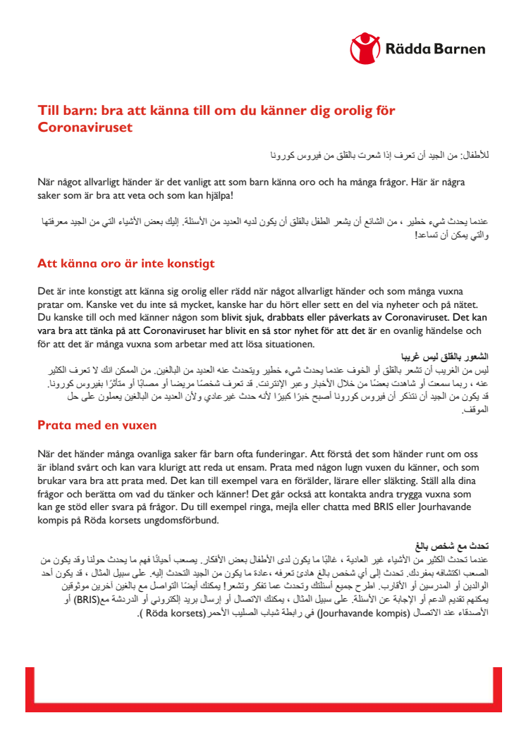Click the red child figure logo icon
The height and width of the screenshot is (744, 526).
point(365,49)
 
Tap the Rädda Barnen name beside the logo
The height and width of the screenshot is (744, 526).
point(435,49)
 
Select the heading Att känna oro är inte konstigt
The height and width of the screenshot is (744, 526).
point(126,264)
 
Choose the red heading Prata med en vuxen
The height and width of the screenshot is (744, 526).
point(97,426)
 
